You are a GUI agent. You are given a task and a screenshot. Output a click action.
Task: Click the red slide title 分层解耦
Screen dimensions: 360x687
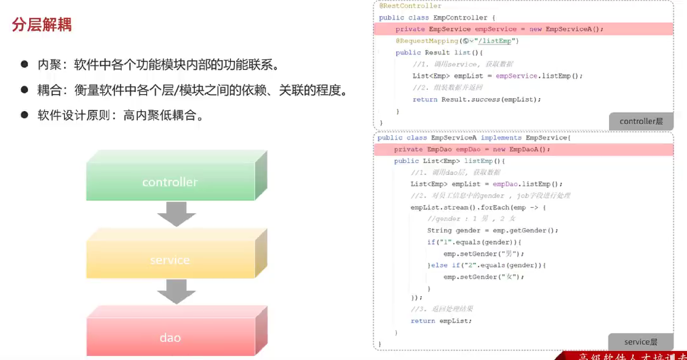[42, 25]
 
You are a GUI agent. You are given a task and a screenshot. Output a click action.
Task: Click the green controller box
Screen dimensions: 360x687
[170, 182]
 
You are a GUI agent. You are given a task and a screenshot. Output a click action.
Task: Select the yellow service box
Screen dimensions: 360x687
[170, 259]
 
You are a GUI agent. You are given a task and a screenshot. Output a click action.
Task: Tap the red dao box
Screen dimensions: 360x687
[170, 337]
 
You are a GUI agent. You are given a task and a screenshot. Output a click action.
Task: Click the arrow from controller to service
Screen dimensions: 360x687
[176, 214]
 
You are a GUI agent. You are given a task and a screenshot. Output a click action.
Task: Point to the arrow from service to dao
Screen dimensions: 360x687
[176, 291]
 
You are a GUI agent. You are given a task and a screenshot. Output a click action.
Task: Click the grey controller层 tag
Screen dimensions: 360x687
[641, 121]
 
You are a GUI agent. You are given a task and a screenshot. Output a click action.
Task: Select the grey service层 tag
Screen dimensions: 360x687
[641, 342]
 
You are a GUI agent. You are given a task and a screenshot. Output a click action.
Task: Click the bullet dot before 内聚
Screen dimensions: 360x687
[24, 64]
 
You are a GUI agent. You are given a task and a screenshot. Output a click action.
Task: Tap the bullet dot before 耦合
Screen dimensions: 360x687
[24, 89]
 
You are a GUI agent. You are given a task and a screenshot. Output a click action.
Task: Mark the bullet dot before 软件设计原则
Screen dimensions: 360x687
[24, 115]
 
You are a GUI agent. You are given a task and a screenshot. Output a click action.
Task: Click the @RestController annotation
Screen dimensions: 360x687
[410, 6]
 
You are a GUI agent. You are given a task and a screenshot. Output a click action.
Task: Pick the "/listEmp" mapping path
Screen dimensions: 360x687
[494, 41]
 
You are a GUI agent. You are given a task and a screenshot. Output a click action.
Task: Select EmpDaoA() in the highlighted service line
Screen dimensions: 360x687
[527, 149]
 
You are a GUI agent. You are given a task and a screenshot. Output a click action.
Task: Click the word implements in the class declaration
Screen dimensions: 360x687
[501, 137]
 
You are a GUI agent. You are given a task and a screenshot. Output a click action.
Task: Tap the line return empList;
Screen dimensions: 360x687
[441, 321]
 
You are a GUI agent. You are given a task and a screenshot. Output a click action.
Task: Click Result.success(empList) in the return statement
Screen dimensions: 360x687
[489, 99]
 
